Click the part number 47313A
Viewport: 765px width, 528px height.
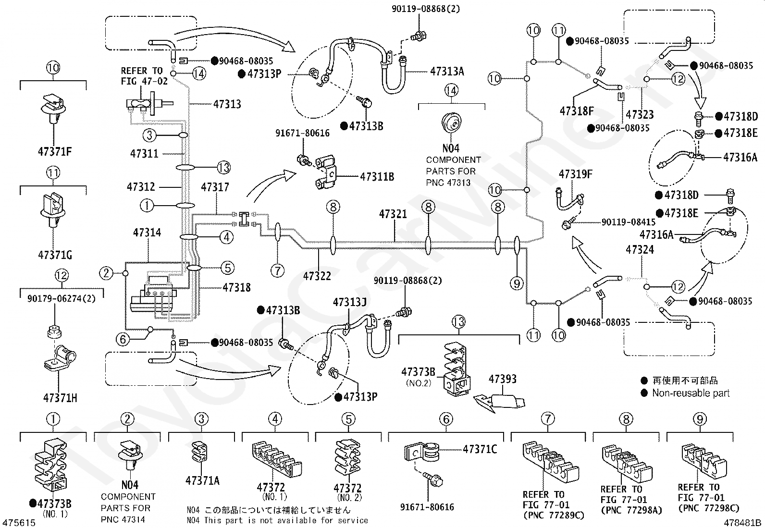(x=447, y=72)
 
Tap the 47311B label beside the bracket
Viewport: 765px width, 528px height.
(x=377, y=177)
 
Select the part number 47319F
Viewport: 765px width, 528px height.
(x=576, y=174)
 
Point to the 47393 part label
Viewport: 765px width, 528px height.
(x=502, y=379)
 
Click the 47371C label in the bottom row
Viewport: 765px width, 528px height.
(x=480, y=449)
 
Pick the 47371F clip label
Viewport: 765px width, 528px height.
(x=55, y=151)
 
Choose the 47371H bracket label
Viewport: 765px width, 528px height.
(x=60, y=397)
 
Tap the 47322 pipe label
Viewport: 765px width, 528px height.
(x=317, y=276)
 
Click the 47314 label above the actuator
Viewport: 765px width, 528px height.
(x=147, y=233)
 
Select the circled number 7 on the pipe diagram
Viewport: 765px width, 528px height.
(x=278, y=271)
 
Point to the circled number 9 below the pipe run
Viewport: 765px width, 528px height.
(x=517, y=283)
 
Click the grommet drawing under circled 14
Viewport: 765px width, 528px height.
(x=451, y=122)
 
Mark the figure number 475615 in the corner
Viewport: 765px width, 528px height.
(x=19, y=523)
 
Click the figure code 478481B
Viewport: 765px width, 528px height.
(x=742, y=523)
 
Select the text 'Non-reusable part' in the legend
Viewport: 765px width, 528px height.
(x=691, y=393)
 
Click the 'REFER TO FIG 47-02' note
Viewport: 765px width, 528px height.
(x=144, y=76)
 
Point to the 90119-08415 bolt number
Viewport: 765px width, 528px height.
(x=629, y=222)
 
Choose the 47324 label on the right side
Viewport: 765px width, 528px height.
(x=640, y=250)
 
